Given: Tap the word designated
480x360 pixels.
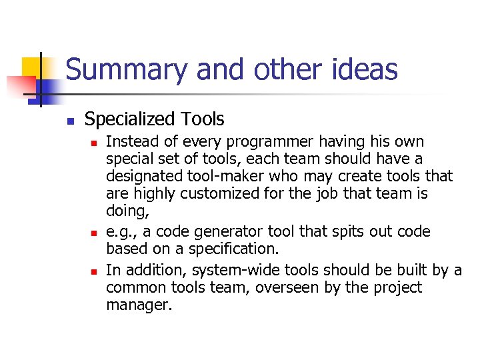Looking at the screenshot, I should [x=141, y=177].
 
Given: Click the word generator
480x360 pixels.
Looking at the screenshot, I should [x=219, y=232].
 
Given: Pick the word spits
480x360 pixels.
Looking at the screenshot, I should [x=333, y=232].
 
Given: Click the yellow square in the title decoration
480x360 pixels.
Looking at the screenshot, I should [x=33, y=67].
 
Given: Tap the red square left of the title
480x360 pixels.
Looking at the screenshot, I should [x=20, y=86].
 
